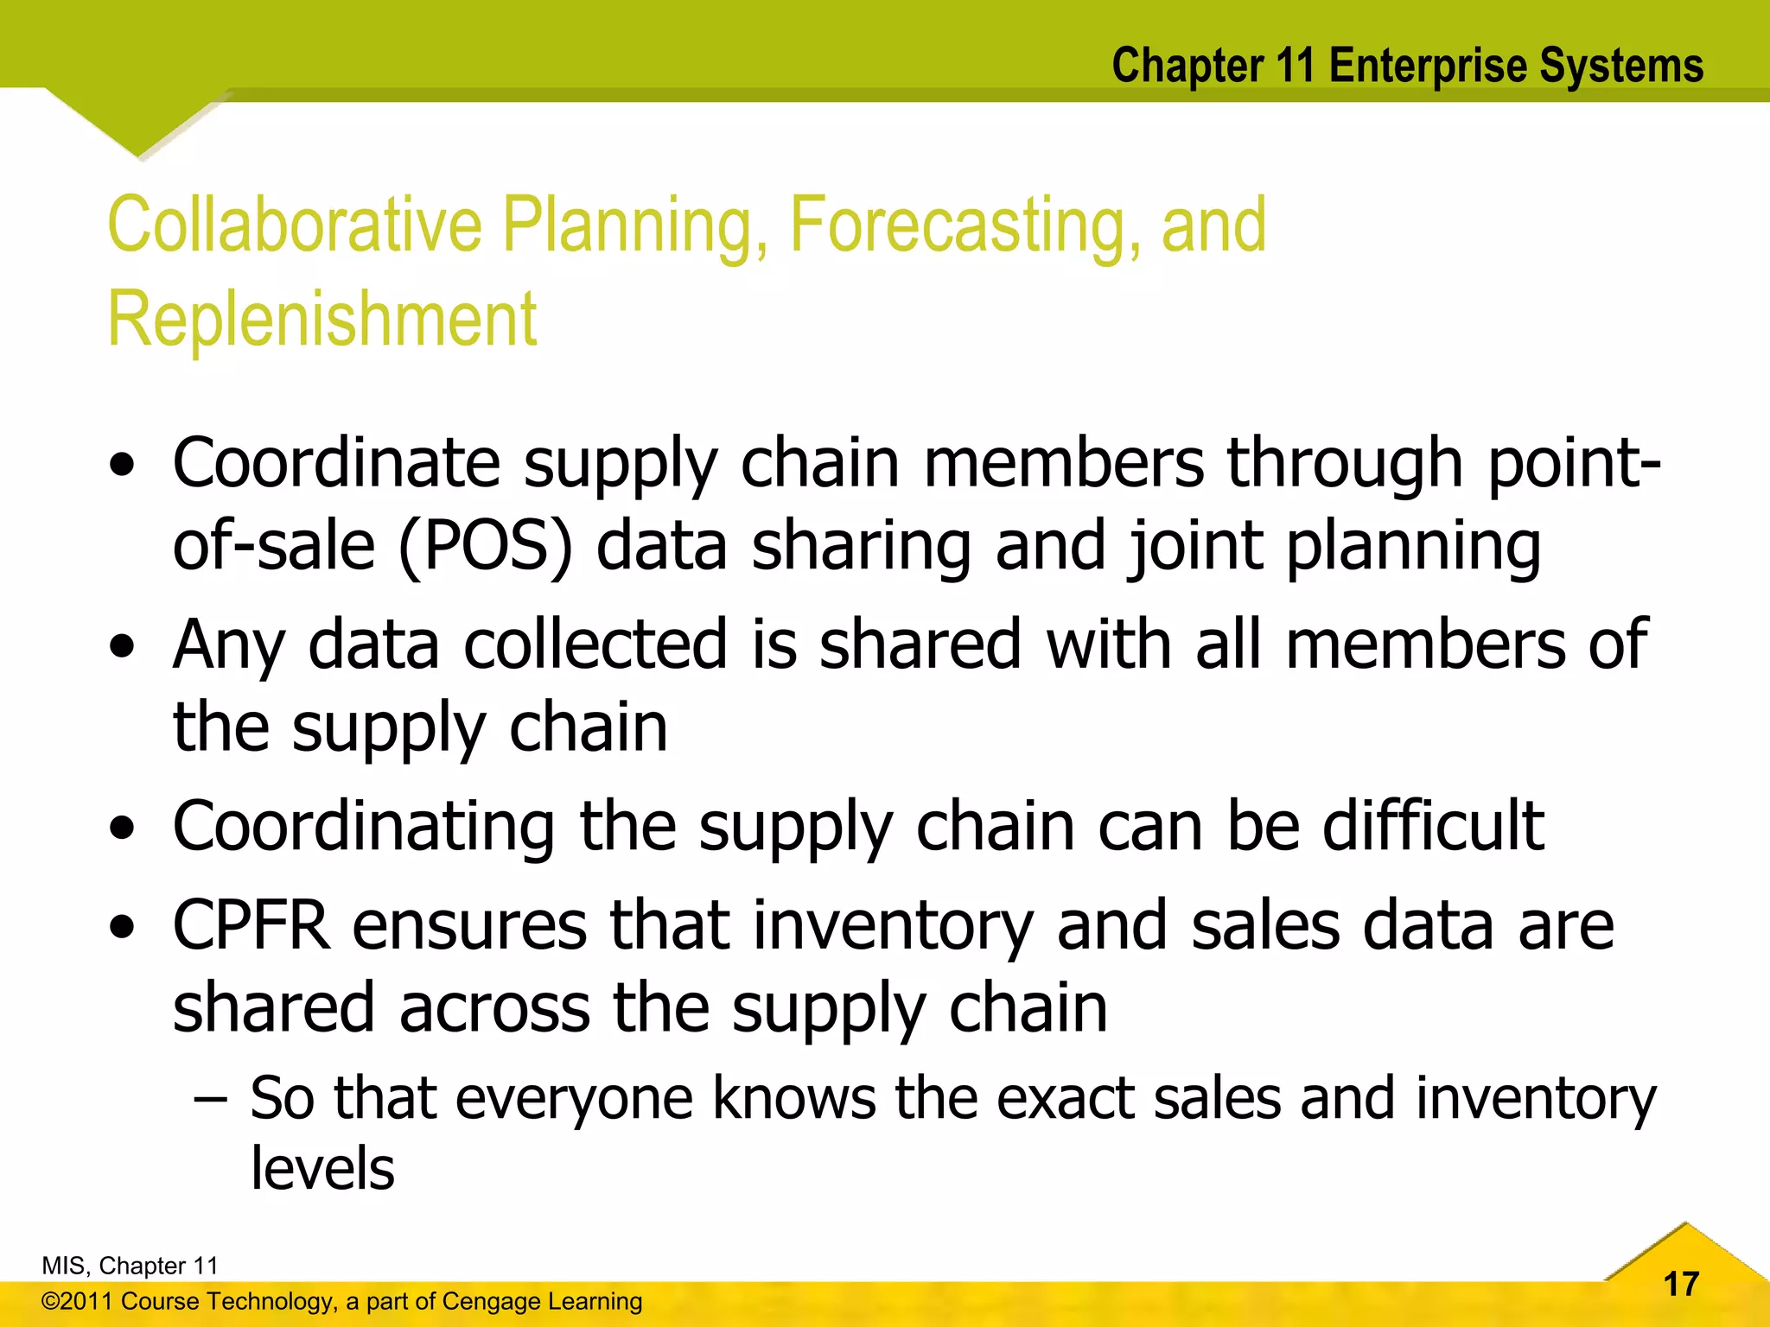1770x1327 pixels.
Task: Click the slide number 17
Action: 1681,1284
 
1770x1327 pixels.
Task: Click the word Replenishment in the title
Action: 322,320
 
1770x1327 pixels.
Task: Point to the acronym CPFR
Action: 251,926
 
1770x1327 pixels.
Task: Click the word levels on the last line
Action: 322,1168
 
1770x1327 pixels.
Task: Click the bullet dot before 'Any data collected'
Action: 123,646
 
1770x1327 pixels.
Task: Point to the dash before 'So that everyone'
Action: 211,1100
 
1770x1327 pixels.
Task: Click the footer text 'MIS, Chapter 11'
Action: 130,1266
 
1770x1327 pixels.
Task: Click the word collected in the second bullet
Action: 595,644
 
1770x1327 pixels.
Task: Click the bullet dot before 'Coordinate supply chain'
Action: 123,465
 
